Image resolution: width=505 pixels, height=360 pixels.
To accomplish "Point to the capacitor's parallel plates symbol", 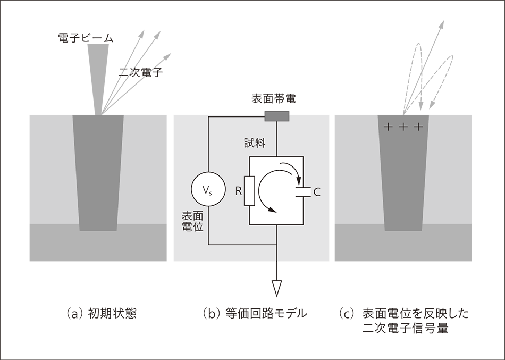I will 302,191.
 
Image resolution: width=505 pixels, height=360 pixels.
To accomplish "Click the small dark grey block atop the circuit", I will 277,113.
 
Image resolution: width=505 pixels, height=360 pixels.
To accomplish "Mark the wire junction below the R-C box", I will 277,245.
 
